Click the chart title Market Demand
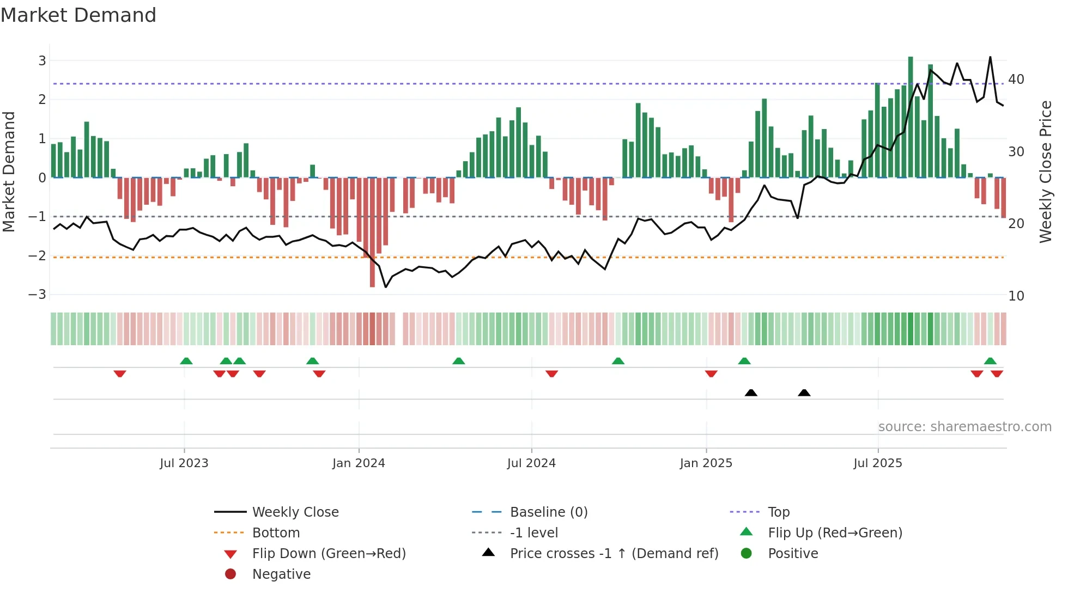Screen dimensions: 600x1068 78,15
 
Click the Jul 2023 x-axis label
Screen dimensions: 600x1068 184,463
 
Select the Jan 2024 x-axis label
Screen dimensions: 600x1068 359,463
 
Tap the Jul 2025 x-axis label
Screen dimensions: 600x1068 878,463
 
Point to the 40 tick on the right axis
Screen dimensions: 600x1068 1016,79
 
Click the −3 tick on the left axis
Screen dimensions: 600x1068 37,295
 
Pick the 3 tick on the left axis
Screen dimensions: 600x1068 42,60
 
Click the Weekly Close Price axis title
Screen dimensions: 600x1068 1045,172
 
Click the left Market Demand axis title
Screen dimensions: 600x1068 9,172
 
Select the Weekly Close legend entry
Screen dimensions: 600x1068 295,512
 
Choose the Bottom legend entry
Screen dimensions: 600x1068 276,533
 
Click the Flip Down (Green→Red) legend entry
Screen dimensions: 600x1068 329,554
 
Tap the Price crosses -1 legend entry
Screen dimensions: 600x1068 614,554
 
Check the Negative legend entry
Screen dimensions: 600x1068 281,574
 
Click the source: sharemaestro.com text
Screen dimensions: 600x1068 964,427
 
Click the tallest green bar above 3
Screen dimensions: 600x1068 911,117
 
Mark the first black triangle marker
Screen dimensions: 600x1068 751,393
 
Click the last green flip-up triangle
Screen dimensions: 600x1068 990,361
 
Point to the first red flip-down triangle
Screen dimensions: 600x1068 120,374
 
